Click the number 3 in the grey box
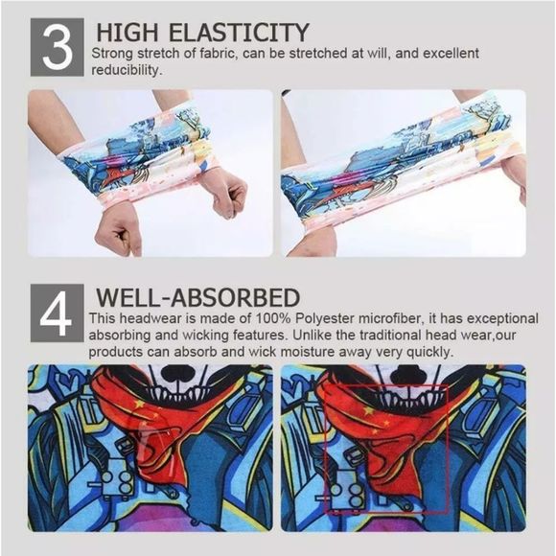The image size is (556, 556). point(57,48)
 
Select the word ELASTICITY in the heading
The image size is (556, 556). point(239,32)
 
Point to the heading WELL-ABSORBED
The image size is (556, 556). point(198,296)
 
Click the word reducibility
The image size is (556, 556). point(127,70)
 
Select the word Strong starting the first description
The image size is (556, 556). point(113,54)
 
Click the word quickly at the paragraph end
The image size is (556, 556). point(429,352)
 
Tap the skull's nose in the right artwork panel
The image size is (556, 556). point(408,375)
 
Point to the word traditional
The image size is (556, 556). point(415,336)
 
